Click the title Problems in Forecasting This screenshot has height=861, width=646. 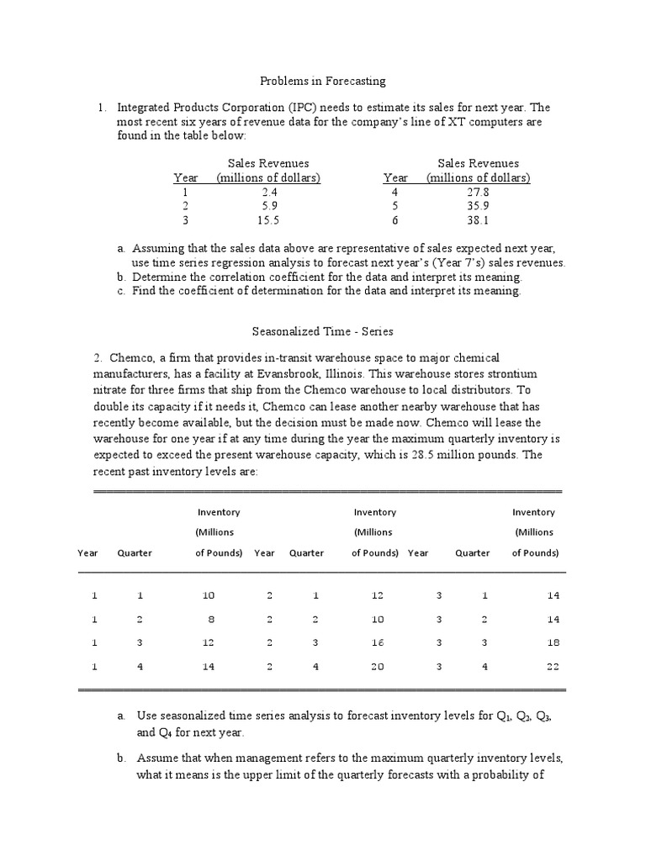click(321, 82)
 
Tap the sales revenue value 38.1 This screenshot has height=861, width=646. click(478, 220)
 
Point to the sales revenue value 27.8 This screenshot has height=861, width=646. click(478, 192)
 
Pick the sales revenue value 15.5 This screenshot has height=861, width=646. click(268, 220)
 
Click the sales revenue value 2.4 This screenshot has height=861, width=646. click(268, 192)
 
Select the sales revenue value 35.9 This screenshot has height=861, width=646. click(478, 206)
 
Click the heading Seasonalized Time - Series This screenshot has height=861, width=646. click(322, 332)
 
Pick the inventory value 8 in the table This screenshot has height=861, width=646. click(209, 619)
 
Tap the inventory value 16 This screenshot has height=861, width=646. click(377, 642)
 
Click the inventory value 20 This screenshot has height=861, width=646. click(377, 667)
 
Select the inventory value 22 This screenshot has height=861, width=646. click(552, 667)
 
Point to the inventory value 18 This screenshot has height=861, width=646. click(552, 642)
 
